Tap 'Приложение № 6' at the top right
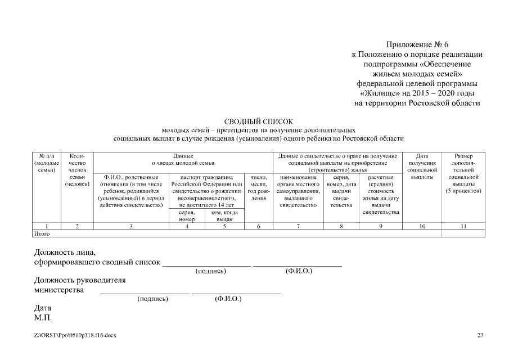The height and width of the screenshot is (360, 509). click(x=417, y=44)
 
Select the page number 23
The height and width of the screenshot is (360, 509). click(x=480, y=336)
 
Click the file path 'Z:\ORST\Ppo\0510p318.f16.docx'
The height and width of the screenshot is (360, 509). click(x=75, y=336)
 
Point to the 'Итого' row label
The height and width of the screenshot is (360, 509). click(x=43, y=233)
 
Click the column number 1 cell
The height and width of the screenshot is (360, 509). click(x=47, y=226)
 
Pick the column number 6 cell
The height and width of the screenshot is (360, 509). click(x=258, y=226)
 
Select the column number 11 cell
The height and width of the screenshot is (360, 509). click(x=463, y=226)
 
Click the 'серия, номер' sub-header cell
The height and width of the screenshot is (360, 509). click(x=187, y=216)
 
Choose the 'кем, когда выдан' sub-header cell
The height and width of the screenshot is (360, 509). click(x=225, y=216)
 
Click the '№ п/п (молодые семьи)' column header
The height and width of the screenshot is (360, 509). click(x=47, y=163)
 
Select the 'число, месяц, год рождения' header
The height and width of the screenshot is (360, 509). click(x=258, y=188)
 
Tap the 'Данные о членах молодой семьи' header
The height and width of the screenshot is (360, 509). click(x=184, y=159)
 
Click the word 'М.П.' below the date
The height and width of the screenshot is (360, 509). click(x=43, y=318)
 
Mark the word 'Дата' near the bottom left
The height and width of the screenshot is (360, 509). click(x=43, y=308)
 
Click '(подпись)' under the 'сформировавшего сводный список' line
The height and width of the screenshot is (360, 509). click(x=211, y=271)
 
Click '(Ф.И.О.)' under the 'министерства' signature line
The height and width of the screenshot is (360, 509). click(x=228, y=299)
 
